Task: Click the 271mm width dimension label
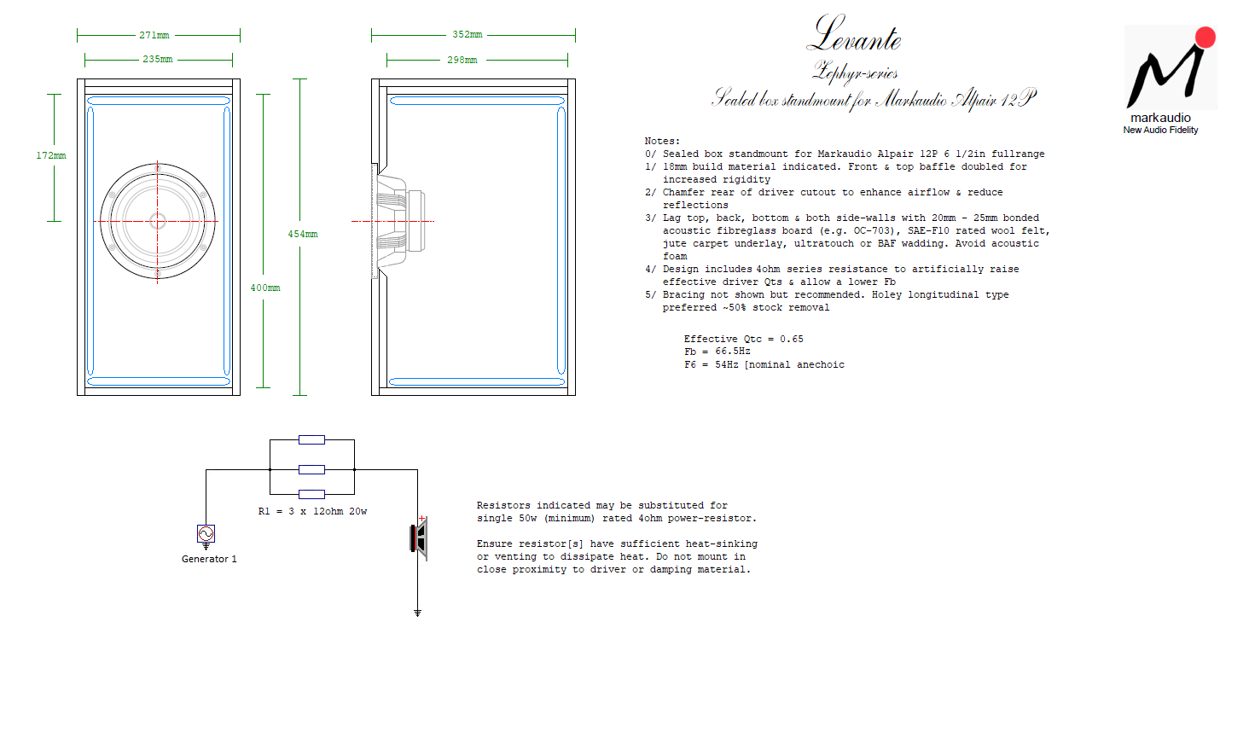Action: click(154, 35)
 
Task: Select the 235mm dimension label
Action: click(158, 59)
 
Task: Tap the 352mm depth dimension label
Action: click(468, 35)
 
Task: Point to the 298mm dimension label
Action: click(462, 60)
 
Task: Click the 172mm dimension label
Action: click(51, 155)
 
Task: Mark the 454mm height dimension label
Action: click(303, 235)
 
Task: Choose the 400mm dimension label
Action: click(265, 288)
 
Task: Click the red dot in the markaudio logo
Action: click(1205, 38)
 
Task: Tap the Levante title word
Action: click(854, 35)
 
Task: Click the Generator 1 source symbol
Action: click(206, 534)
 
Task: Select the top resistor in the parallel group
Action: click(311, 440)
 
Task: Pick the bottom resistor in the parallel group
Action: click(311, 494)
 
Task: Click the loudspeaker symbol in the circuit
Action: click(419, 538)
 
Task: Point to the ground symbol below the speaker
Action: click(418, 613)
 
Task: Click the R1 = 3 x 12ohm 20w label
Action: click(313, 511)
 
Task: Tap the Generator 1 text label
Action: click(209, 559)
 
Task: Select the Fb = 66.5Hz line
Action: click(717, 352)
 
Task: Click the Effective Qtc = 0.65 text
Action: click(744, 339)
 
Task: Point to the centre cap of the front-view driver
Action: click(158, 222)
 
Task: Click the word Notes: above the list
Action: click(662, 141)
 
